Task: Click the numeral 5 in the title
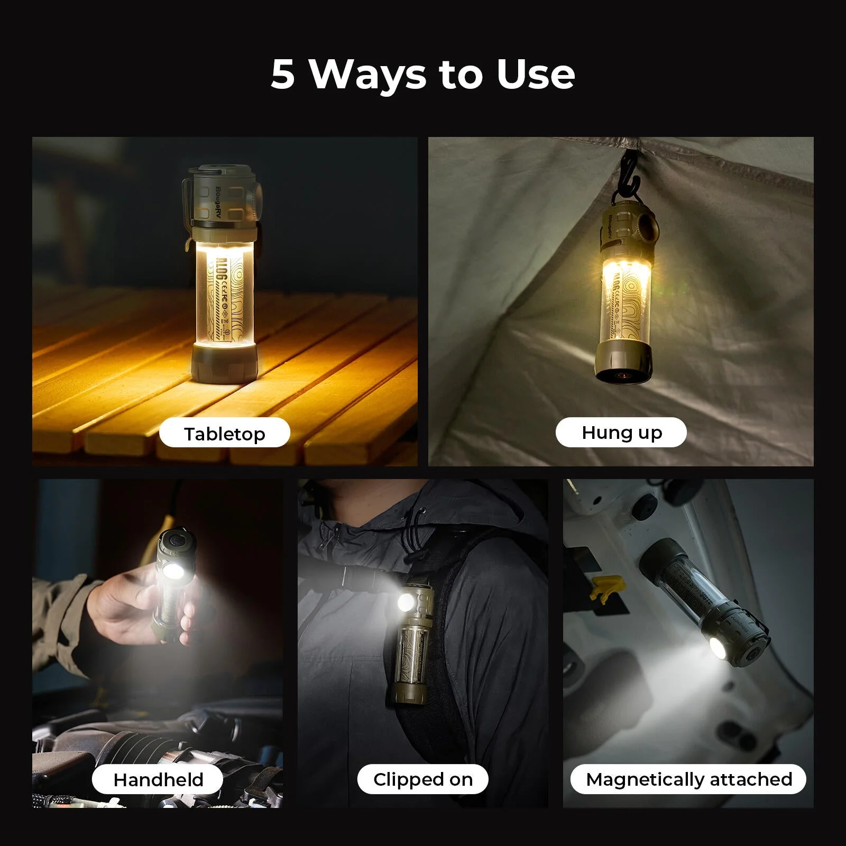click(x=282, y=74)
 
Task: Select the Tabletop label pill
click(x=224, y=434)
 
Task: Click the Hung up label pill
click(x=621, y=433)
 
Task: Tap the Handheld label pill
click(x=158, y=779)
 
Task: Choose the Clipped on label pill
click(x=422, y=779)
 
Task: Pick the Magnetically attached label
click(x=688, y=779)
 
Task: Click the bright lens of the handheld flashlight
click(x=173, y=571)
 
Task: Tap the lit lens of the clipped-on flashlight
click(x=406, y=602)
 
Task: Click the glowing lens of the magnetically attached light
click(x=719, y=648)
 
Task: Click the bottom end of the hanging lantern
click(x=621, y=373)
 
